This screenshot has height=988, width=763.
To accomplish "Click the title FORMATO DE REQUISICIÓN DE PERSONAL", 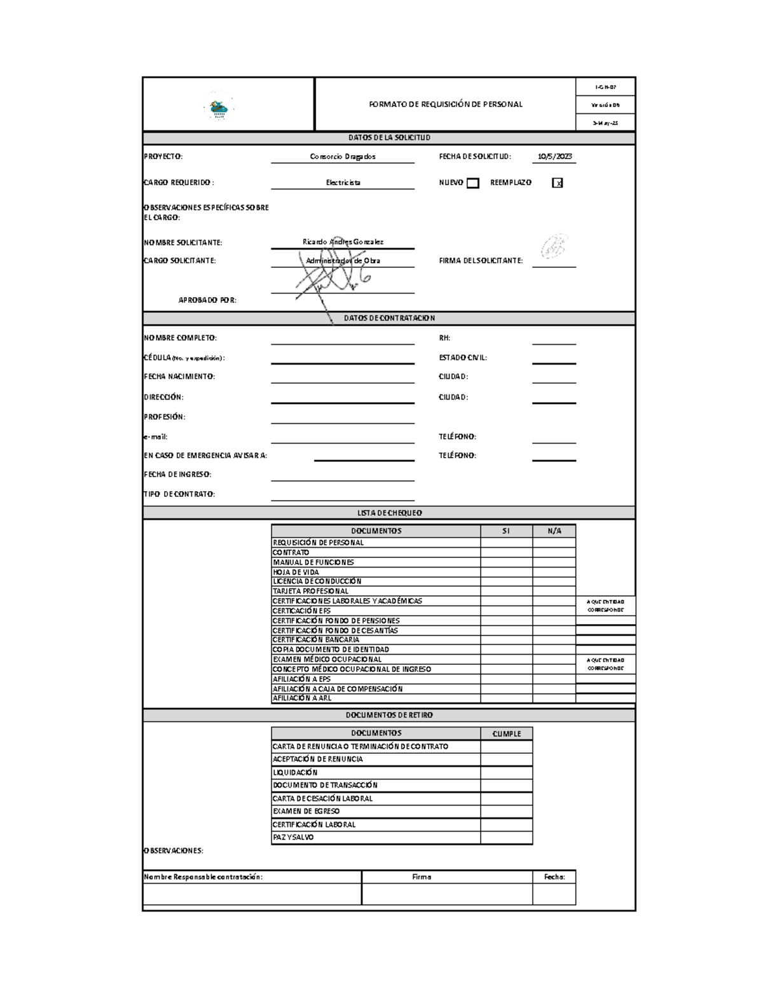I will tap(445, 104).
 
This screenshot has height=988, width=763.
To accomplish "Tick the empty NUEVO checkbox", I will tap(472, 183).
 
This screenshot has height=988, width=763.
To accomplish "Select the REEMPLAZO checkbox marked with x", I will tap(558, 183).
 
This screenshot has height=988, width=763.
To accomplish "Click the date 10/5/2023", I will tap(554, 157).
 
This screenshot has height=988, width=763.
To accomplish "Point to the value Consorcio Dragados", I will tap(343, 157).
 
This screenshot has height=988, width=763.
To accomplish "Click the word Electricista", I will tap(343, 183).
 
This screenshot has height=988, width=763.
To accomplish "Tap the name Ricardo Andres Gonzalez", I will tap(343, 242).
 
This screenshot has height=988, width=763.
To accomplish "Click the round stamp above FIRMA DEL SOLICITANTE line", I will tap(554, 246).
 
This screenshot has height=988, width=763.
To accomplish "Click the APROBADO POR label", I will tap(207, 300).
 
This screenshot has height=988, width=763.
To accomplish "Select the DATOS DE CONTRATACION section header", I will tap(389, 318).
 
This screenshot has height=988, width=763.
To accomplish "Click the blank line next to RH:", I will tap(554, 340).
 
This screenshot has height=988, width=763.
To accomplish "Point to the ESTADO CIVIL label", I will tap(462, 358).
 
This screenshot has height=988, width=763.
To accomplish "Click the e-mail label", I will tap(156, 437).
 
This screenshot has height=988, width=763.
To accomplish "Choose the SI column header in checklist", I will tap(506, 531).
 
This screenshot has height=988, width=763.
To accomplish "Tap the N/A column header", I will tap(554, 531).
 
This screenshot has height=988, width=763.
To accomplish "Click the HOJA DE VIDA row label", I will tap(296, 572).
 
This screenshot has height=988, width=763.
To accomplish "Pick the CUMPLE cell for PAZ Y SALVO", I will tap(506, 838).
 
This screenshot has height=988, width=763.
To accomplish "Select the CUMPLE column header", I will tap(506, 734).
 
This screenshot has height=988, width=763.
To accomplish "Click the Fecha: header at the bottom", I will tap(554, 877).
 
